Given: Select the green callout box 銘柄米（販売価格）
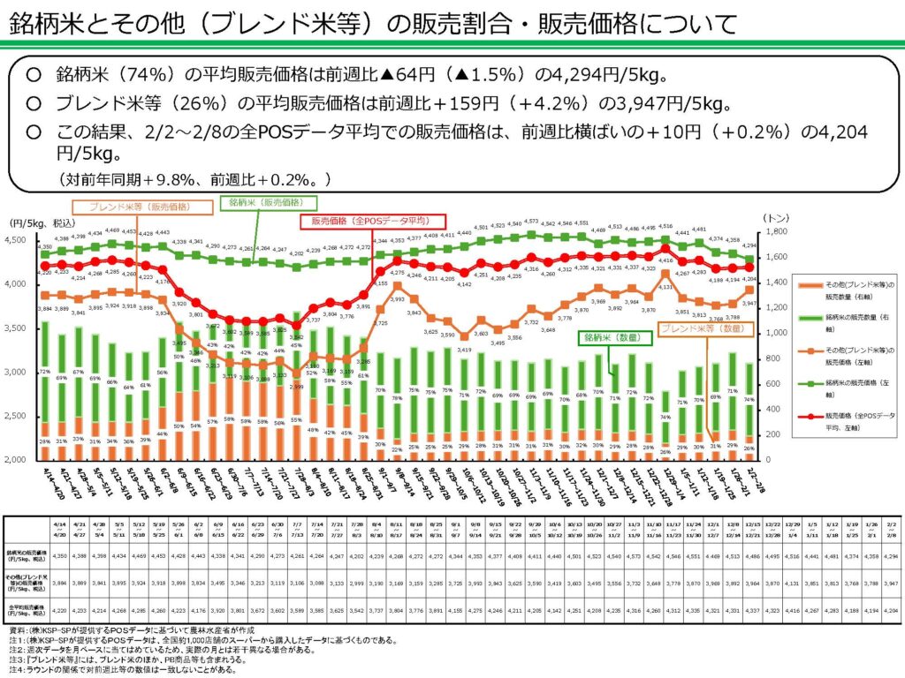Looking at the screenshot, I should pos(265,202).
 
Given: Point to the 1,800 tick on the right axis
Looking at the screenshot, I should pos(776,231).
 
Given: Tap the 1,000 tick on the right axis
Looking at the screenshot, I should pos(776,333).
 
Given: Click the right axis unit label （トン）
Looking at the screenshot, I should pos(775,217).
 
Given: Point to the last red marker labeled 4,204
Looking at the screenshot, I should pos(749,266).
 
